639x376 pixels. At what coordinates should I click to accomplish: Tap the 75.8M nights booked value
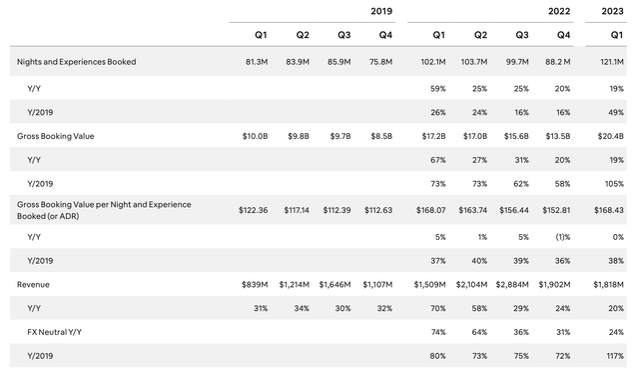379,62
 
